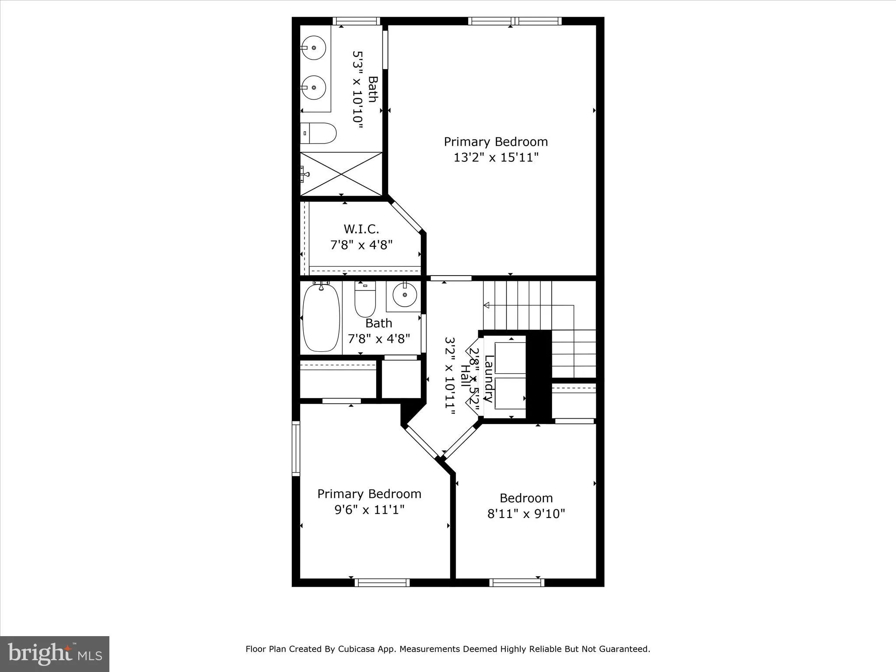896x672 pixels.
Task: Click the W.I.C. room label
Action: (x=361, y=229)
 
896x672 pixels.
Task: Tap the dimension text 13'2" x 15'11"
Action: (x=496, y=157)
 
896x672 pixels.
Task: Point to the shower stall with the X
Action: (x=341, y=174)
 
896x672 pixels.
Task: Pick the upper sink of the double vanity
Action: (x=313, y=48)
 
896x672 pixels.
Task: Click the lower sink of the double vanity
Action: (x=313, y=87)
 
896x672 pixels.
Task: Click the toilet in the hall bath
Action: (x=365, y=300)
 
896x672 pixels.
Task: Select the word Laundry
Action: (x=489, y=378)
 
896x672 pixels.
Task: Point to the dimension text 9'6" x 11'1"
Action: (x=369, y=510)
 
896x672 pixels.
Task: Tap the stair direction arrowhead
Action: (x=486, y=304)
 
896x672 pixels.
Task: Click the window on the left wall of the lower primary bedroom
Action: (x=296, y=448)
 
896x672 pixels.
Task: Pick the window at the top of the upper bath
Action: (x=356, y=21)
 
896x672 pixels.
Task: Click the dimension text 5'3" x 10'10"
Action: (x=358, y=90)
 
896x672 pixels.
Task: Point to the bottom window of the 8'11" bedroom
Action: (x=517, y=582)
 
